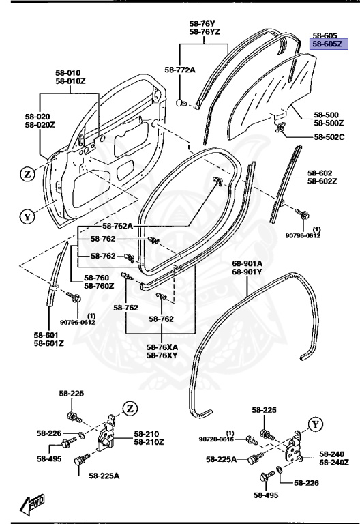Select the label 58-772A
pos(180,70)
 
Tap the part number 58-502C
pos(329,137)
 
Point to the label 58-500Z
pos(329,123)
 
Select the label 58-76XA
pos(162,347)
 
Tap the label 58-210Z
pos(149,442)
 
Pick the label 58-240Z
pos(334,462)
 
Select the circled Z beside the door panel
pos(27,174)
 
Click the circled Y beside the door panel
pos(27,218)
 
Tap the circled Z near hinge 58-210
pos(130,409)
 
